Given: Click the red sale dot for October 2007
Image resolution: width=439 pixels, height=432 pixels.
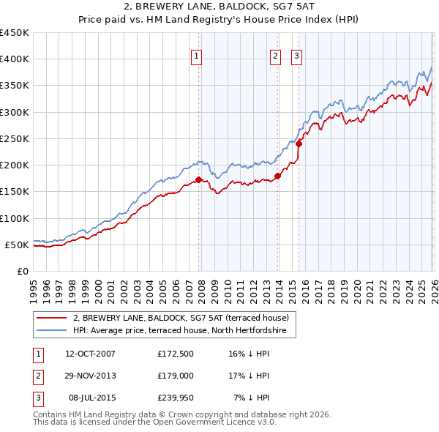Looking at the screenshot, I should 198,179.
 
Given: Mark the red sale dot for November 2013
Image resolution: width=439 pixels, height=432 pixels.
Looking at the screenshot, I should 278,176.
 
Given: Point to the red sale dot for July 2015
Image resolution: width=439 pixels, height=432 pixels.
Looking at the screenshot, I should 299,144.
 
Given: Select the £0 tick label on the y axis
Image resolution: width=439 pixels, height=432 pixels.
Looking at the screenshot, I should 22,271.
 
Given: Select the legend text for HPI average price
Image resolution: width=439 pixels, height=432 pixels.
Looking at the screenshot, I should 184,331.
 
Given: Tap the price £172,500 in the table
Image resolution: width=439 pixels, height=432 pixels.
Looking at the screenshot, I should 174,354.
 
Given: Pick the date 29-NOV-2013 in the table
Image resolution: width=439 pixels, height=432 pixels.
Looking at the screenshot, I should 90,376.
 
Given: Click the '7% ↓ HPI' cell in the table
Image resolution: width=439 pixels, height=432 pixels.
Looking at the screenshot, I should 251,398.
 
